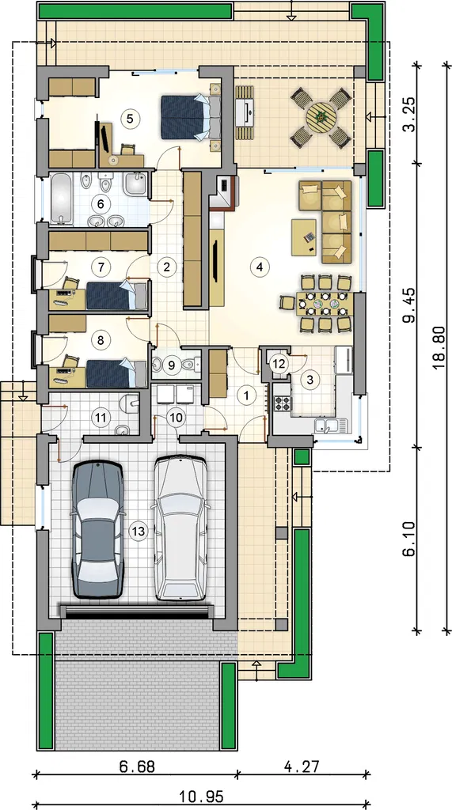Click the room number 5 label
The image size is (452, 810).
coord(131,118)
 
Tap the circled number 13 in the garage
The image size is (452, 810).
coord(139,532)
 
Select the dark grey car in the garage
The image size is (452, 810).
coord(97,528)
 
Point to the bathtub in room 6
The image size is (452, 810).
coord(61,200)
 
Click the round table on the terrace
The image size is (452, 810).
coord(321,117)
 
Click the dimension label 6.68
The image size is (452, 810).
coord(138,766)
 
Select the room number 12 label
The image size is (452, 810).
coord(279,363)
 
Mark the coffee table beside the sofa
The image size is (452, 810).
coord(304,237)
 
